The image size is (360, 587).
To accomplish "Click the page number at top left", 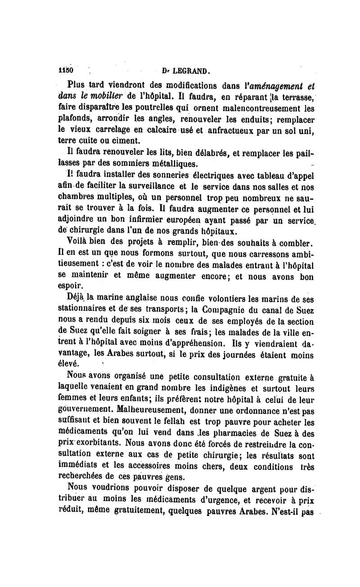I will [x=66, y=71].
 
